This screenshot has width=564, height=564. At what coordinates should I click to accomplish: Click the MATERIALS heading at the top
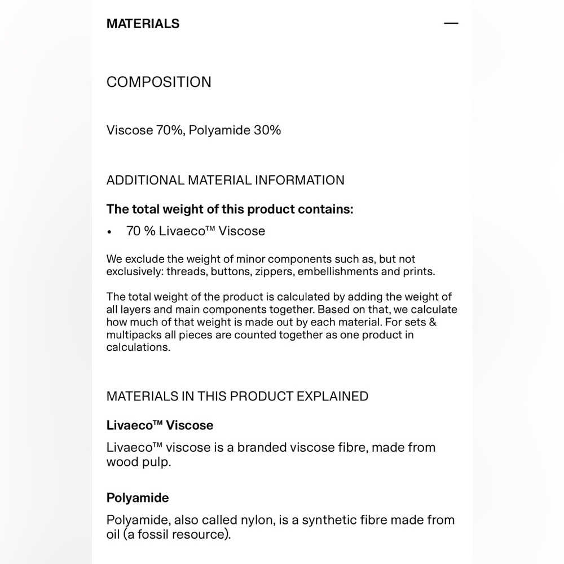[143, 24]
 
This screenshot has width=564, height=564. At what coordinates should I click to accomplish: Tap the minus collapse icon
[451, 24]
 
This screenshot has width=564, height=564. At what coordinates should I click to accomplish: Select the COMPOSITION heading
[158, 82]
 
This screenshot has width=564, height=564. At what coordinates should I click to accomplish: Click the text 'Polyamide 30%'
[235, 130]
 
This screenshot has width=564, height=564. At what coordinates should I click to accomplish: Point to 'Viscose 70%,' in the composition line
[145, 130]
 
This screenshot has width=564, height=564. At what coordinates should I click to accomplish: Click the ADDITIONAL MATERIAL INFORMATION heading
[225, 180]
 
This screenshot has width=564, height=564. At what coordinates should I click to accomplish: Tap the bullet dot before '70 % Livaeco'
[110, 232]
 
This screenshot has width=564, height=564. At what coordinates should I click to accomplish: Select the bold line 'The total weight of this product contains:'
[230, 209]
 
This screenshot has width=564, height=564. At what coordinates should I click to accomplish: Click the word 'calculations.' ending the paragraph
[138, 347]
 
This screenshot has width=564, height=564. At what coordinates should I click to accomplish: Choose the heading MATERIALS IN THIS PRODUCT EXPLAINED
[237, 396]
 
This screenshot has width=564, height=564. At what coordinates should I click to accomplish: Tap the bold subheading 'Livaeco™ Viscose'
[160, 425]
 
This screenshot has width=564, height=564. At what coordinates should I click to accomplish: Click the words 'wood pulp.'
[138, 462]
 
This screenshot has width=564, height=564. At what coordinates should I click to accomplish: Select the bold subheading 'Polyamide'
[138, 498]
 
